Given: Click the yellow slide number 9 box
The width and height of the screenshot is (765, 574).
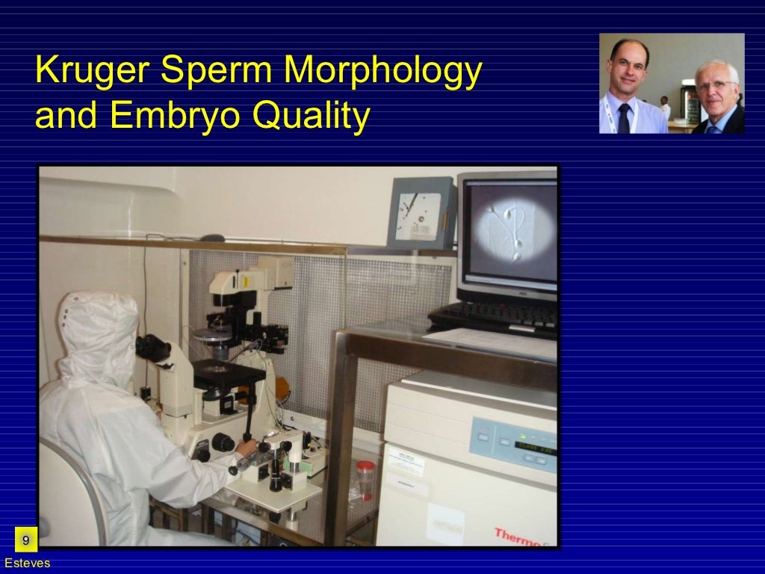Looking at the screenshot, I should (x=26, y=540).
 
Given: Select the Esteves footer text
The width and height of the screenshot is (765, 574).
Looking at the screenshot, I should (x=27, y=563).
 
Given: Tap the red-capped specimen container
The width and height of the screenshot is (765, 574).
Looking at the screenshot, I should (x=365, y=478).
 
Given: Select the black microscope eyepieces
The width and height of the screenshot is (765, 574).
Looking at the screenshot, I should (x=153, y=348).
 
